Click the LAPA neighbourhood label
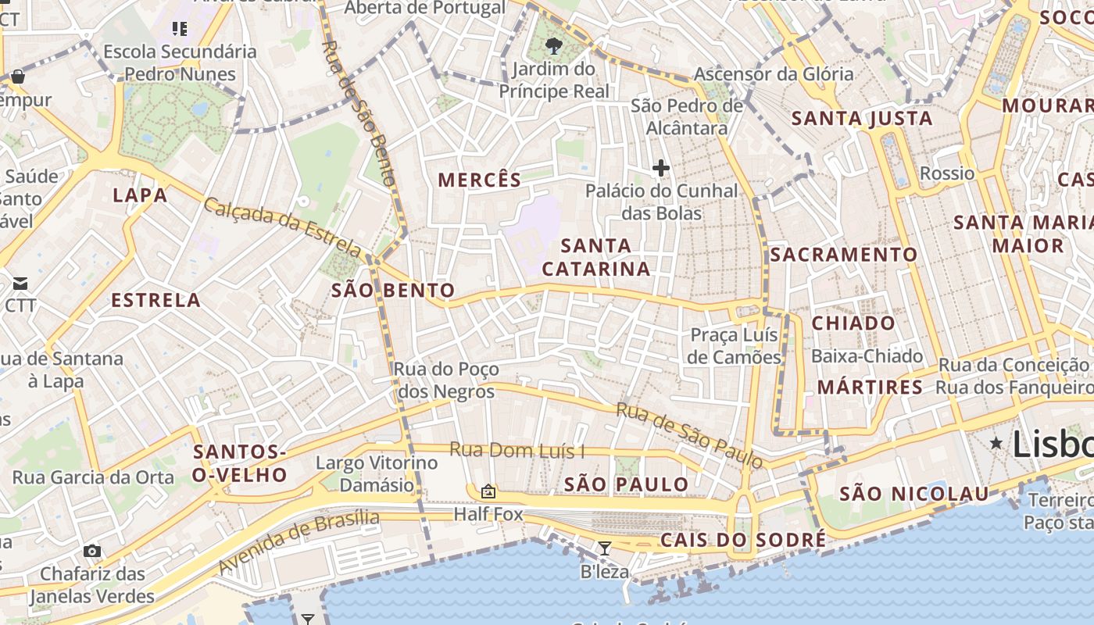coord(140,195)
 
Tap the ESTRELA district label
coord(156,300)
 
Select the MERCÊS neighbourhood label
coord(479,180)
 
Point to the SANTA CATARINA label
coord(596,257)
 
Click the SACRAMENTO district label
coord(844,255)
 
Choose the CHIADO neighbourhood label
coord(853,323)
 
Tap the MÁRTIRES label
coord(870,387)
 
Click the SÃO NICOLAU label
coord(913,494)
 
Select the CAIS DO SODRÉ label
coord(742,540)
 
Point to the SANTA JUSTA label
coord(862,119)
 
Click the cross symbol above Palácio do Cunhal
coord(661,167)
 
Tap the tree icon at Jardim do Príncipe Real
coord(554,46)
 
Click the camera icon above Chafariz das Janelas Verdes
coord(92,551)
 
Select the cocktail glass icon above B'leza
coord(604,548)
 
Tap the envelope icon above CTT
coord(20,283)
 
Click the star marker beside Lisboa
coord(996,443)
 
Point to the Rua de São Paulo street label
coord(689,435)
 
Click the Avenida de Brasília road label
coord(299,542)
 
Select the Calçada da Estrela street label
coord(283,227)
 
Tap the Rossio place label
coord(947,173)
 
